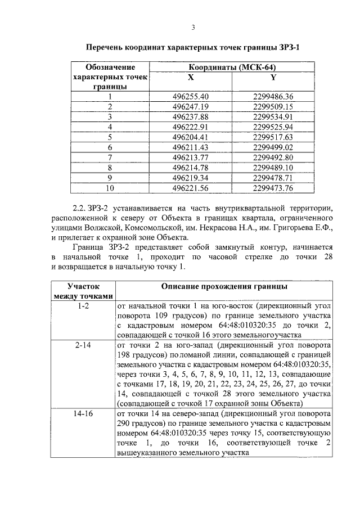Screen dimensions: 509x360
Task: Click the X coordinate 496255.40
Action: pyautogui.click(x=191, y=96)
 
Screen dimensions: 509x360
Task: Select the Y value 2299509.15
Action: pyautogui.click(x=273, y=106)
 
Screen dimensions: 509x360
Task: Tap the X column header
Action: pyautogui.click(x=191, y=77)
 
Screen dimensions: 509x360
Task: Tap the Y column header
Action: pyautogui.click(x=273, y=77)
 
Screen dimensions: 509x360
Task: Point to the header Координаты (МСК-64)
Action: pyautogui.click(x=232, y=67)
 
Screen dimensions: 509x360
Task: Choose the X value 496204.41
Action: pyautogui.click(x=191, y=137)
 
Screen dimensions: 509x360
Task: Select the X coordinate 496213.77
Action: pyautogui.click(x=191, y=157)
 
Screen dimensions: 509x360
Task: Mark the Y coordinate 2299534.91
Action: pyautogui.click(x=273, y=116)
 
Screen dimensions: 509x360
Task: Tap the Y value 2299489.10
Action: pyautogui.click(x=273, y=167)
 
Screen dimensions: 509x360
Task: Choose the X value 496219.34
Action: pyautogui.click(x=191, y=177)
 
